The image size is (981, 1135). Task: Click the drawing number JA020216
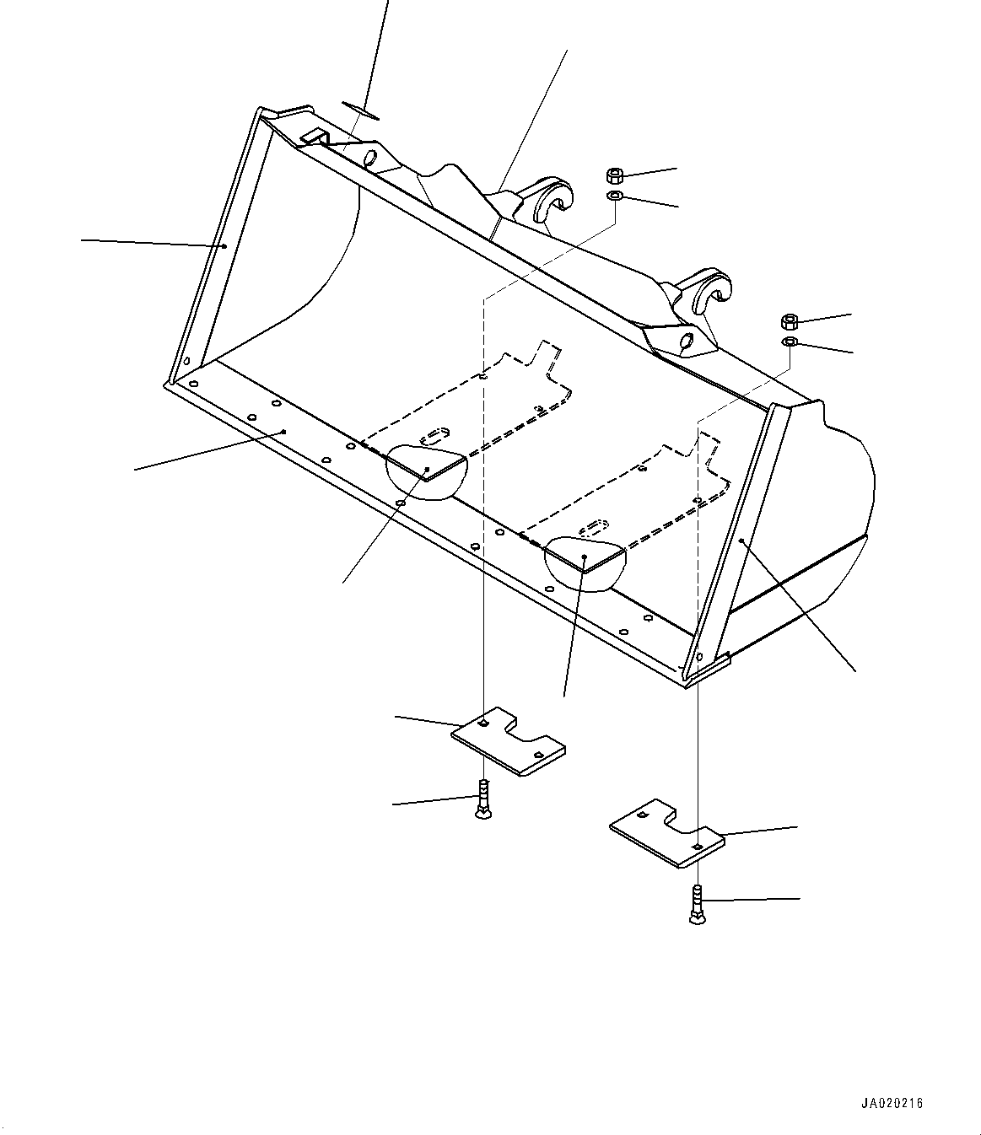point(893,1103)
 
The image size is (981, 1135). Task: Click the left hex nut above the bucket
point(615,176)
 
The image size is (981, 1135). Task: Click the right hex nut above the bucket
point(790,321)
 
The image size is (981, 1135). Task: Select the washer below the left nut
point(615,196)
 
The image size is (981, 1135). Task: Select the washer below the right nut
point(790,342)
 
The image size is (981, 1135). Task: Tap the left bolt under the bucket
point(482,799)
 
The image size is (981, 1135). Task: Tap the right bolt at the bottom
point(698,905)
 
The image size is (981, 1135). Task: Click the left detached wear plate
point(508,741)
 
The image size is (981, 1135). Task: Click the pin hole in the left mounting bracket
point(369,157)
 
